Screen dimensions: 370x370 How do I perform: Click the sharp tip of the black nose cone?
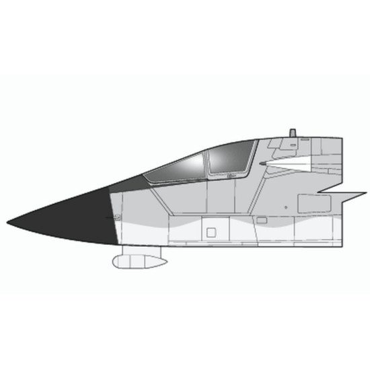tap(8, 222)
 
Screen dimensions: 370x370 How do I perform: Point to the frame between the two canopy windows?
tap(205, 161)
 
